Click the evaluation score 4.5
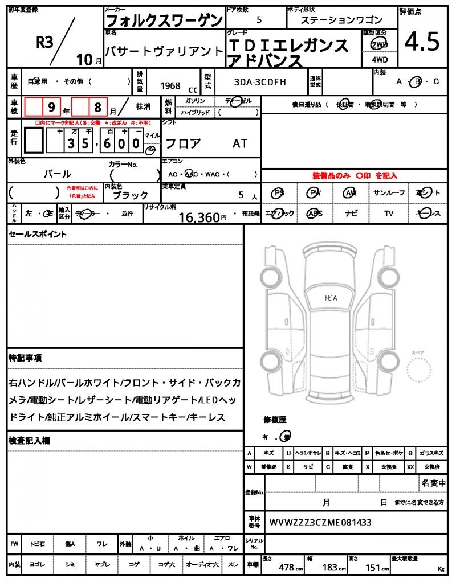(422, 42)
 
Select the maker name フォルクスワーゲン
(165, 20)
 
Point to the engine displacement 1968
(170, 86)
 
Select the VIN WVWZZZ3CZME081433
(320, 522)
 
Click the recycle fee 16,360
(199, 217)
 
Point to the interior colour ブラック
(131, 195)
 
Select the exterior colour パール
(58, 174)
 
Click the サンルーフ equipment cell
(389, 193)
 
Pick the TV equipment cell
(389, 213)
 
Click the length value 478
(286, 567)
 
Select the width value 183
(330, 567)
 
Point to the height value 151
(373, 567)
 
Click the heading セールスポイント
(37, 234)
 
